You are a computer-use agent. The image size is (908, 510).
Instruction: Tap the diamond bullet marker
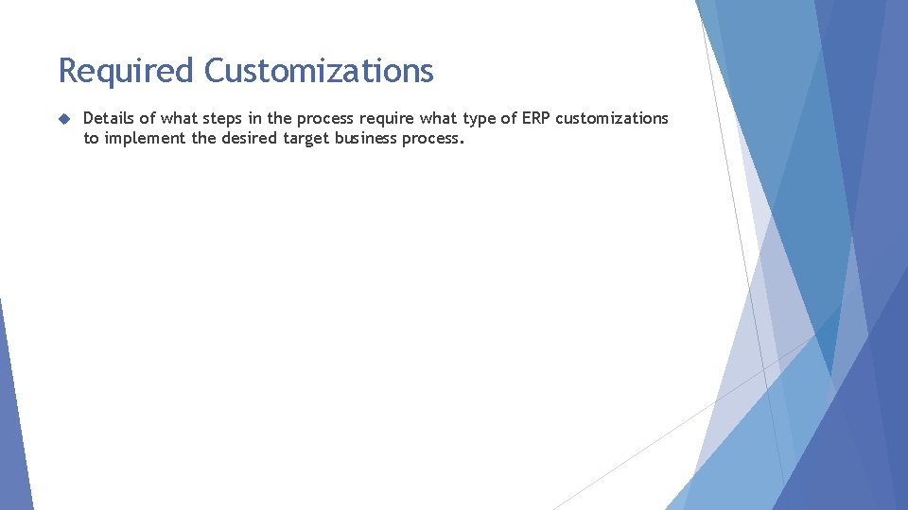(63, 119)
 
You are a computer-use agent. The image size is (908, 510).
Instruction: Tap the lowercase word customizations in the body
(612, 118)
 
